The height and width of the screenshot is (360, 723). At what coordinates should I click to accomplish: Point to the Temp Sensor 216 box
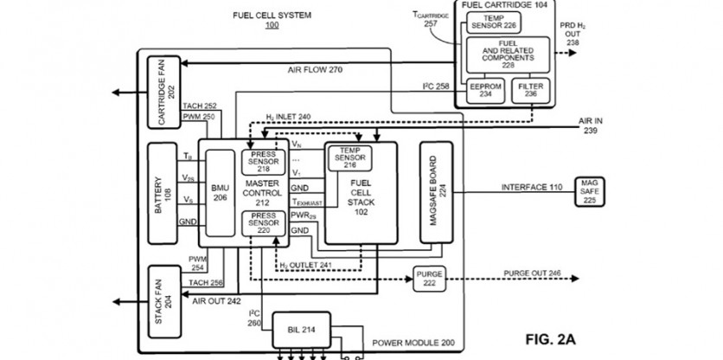tap(349, 157)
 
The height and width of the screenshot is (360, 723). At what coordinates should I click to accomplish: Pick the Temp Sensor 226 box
tap(491, 21)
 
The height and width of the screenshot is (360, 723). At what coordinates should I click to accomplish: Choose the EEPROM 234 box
tap(478, 91)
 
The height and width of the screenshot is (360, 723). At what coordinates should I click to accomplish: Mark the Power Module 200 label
tap(413, 344)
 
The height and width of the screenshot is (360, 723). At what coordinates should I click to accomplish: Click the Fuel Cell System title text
tap(272, 15)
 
